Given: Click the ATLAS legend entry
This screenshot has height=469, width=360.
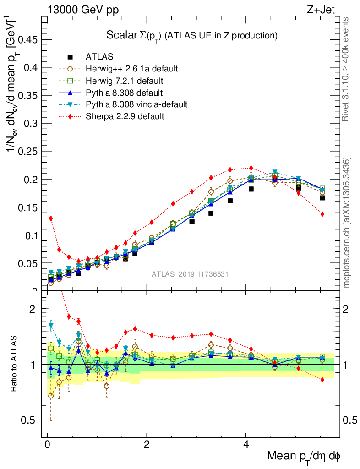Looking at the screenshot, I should coord(99,57).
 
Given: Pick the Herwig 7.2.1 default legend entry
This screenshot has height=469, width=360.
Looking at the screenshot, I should coord(124,81).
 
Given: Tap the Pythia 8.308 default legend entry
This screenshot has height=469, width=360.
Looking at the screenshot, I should coord(124,93).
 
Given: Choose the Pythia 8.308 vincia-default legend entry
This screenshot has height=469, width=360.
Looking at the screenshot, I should coord(136,104).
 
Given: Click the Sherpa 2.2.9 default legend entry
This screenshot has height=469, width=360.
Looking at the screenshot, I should coord(125,116).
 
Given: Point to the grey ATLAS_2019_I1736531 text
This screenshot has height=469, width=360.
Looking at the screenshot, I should coord(190,274).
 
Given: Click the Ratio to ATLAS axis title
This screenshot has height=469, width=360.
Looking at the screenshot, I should coord(14,364).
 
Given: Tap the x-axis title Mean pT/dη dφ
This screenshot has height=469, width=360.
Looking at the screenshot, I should coord(304,457).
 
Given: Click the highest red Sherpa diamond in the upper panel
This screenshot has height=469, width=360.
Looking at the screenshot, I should coord(251,168).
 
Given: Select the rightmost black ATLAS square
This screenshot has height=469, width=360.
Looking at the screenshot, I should coord(322,198).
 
